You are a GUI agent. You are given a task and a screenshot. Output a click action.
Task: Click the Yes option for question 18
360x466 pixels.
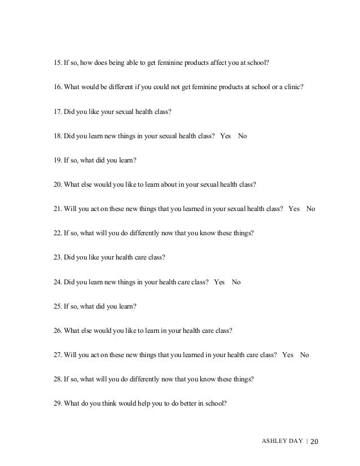226,136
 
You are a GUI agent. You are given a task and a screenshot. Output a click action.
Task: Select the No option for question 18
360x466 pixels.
243,136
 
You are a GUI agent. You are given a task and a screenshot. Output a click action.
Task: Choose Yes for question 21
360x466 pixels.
293,208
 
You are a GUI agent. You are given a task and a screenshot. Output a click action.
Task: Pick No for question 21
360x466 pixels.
310,208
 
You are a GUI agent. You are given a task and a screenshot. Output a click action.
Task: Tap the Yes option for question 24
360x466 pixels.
219,282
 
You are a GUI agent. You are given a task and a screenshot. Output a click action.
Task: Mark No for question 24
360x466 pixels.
236,282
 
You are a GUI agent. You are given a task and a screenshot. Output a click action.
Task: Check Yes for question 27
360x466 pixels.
288,355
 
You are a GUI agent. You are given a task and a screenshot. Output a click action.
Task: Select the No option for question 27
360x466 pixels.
305,355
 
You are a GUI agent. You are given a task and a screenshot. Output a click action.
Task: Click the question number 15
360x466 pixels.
56,63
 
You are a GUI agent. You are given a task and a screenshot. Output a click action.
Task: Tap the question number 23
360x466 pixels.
56,258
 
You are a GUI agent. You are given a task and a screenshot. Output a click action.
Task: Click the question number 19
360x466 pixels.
56,160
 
